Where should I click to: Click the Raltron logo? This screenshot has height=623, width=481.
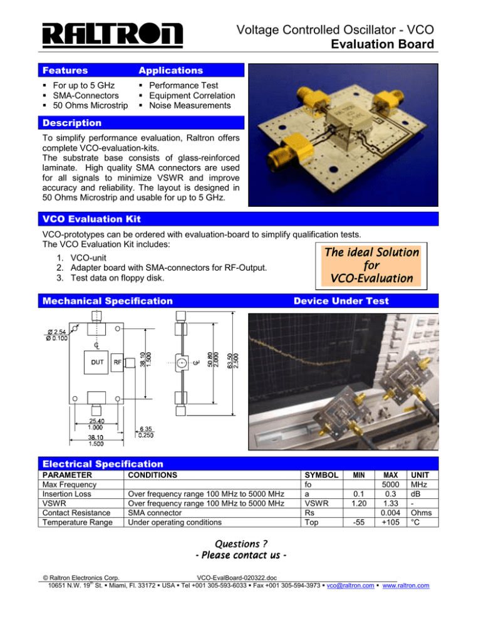113,36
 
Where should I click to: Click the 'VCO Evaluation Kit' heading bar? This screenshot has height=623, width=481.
87,218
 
